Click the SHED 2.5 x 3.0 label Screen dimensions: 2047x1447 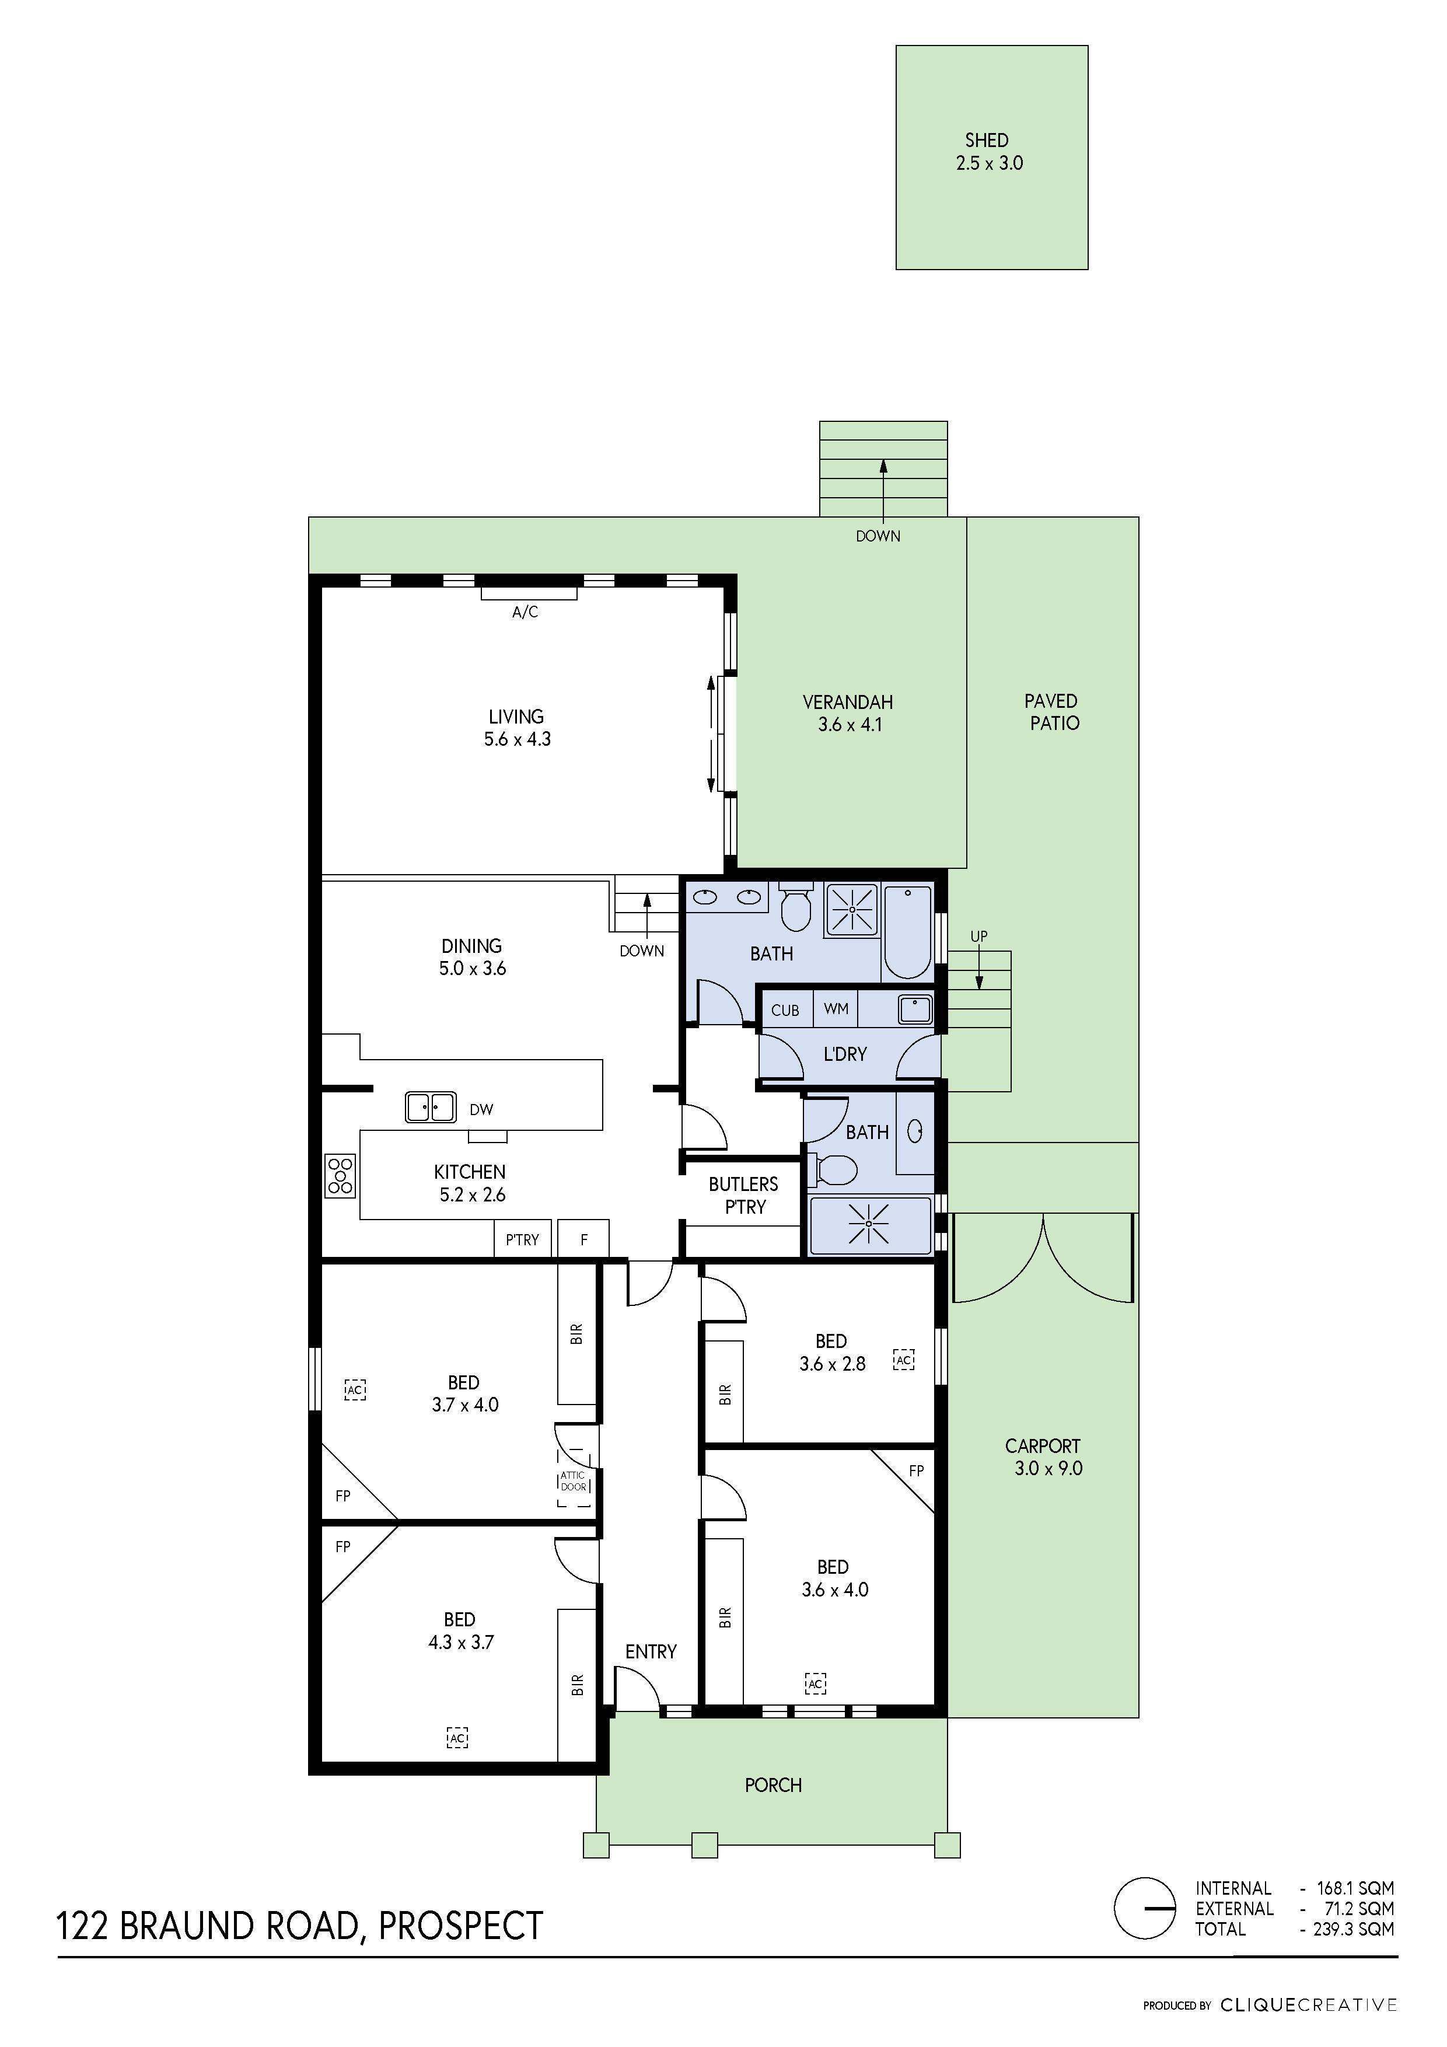pos(988,152)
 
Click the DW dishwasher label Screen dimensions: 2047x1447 pos(481,1110)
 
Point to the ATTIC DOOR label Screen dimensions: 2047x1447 pos(574,1481)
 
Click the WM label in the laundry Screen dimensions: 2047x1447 pos(836,1009)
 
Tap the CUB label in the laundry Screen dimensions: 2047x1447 pos(785,1010)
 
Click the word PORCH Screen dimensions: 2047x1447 pos(773,1785)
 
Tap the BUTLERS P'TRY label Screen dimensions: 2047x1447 pos(743,1196)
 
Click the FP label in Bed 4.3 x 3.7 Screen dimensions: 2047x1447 pos(343,1547)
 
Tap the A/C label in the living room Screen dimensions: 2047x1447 pos(525,613)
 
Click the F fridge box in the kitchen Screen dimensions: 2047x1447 pos(584,1239)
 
